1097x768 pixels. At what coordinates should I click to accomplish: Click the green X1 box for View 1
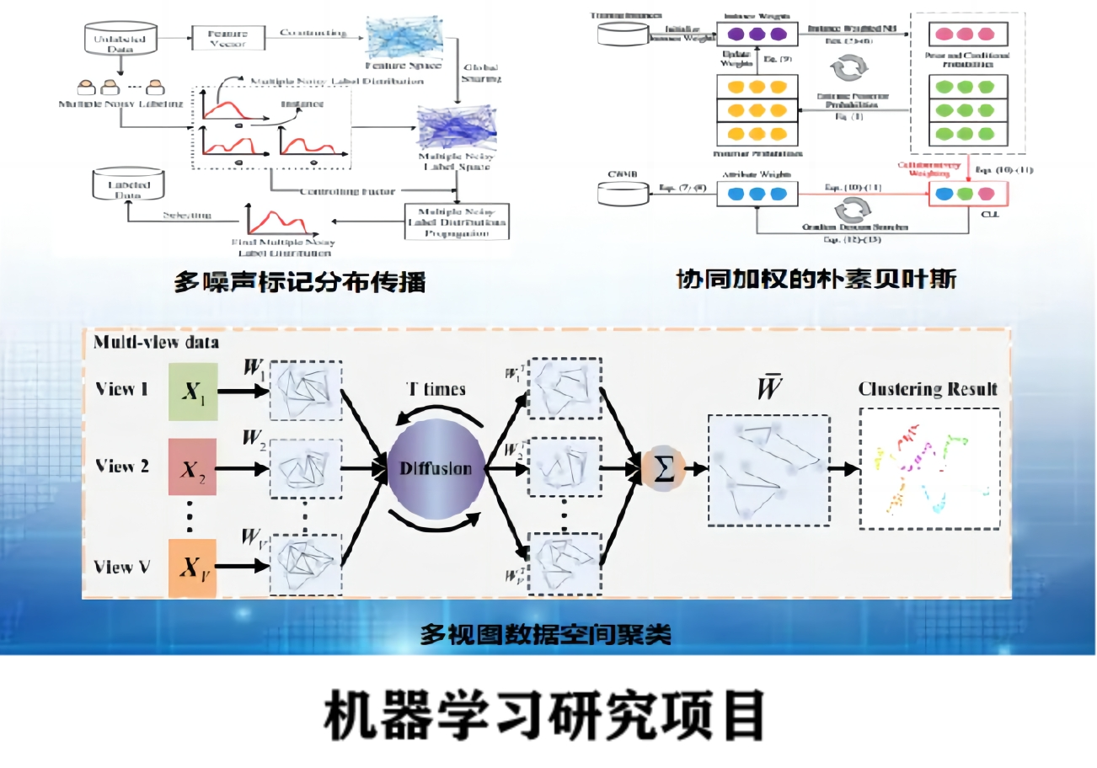193,392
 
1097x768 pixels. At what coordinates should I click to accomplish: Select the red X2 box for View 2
193,468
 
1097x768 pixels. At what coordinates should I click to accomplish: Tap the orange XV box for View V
193,567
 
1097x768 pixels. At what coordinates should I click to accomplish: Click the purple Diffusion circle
436,469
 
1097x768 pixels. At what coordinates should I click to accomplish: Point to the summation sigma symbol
664,470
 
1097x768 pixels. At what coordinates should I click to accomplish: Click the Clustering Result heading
928,389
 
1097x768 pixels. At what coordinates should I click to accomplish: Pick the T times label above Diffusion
436,389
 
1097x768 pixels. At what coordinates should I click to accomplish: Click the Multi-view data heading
156,343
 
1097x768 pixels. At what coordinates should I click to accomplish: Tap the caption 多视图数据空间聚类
546,634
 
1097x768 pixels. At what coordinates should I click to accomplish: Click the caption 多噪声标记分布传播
299,281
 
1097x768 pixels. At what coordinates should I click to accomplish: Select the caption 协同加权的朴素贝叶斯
816,279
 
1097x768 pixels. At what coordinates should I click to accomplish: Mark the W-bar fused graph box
768,470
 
